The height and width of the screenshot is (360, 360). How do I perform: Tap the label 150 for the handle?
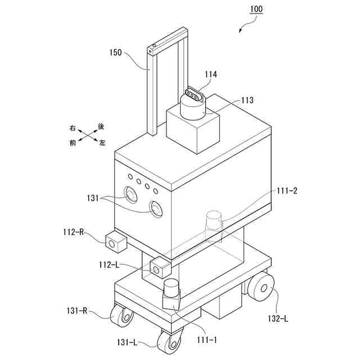[x=115, y=54]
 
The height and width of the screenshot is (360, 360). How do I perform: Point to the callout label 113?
[x=247, y=101]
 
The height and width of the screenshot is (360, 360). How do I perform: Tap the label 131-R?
[x=73, y=309]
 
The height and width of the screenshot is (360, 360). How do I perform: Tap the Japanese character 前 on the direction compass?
[x=73, y=143]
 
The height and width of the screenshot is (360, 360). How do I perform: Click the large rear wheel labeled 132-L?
[x=262, y=290]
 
